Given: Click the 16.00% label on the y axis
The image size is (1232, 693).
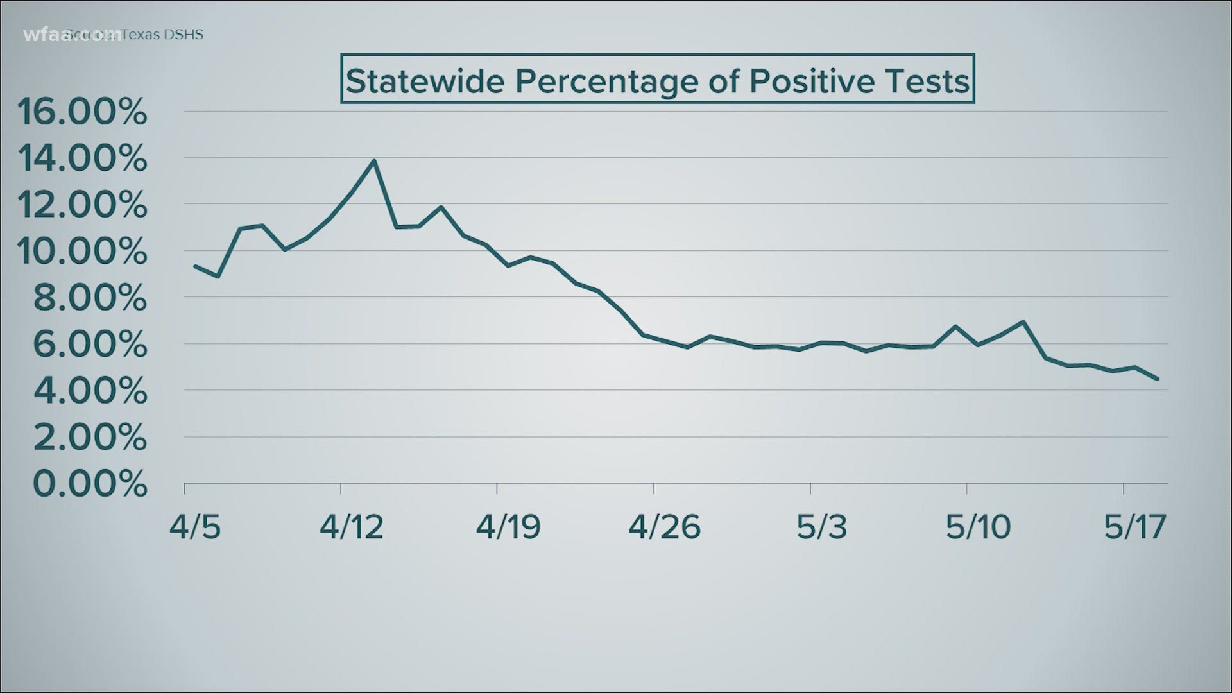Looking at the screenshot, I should tap(82, 112).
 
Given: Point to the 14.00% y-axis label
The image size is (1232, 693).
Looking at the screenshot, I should tap(82, 158).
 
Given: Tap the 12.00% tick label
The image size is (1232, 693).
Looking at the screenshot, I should tap(82, 205).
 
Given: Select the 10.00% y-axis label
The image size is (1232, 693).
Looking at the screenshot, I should tap(82, 252).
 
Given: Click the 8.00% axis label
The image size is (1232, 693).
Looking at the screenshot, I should tap(90, 298).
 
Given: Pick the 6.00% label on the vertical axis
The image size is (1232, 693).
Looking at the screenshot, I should tap(90, 345).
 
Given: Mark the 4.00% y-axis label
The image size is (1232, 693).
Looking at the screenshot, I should tap(90, 391).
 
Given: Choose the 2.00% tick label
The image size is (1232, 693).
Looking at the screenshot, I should tap(90, 438).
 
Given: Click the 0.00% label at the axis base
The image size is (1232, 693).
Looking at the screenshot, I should tap(90, 484).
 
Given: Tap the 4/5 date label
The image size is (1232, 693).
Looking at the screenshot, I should tap(195, 527).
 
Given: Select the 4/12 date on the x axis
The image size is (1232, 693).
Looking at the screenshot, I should tap(352, 527).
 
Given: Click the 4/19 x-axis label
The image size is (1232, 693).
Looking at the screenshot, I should tap(508, 527).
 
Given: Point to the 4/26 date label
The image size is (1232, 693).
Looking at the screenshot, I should tap(665, 527).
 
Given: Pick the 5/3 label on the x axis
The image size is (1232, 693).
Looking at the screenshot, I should tap(821, 527).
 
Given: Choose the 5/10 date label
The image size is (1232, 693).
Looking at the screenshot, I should tap(978, 527).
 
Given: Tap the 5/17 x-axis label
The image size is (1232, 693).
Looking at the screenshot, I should tap(1134, 527).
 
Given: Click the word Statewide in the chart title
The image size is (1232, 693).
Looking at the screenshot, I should tap(426, 81).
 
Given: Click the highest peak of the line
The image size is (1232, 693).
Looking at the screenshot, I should tap(374, 161).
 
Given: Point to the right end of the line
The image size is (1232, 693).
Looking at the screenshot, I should tap(1158, 379).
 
